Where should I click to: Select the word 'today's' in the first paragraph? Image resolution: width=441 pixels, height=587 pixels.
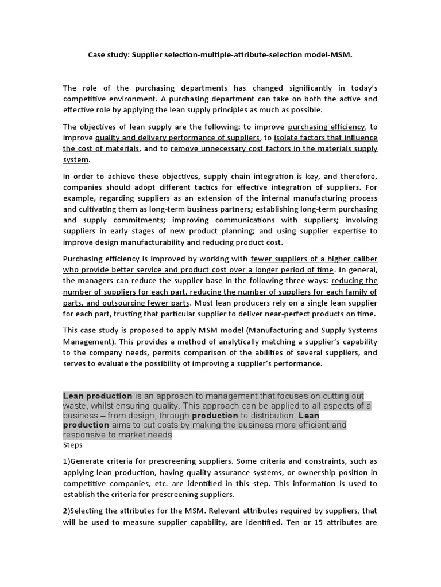click(x=361, y=88)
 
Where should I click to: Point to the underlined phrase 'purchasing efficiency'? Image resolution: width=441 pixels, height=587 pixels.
click(x=326, y=127)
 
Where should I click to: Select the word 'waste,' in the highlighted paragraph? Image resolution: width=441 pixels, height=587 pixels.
click(x=76, y=406)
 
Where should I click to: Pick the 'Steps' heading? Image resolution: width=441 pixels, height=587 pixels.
click(x=73, y=445)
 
